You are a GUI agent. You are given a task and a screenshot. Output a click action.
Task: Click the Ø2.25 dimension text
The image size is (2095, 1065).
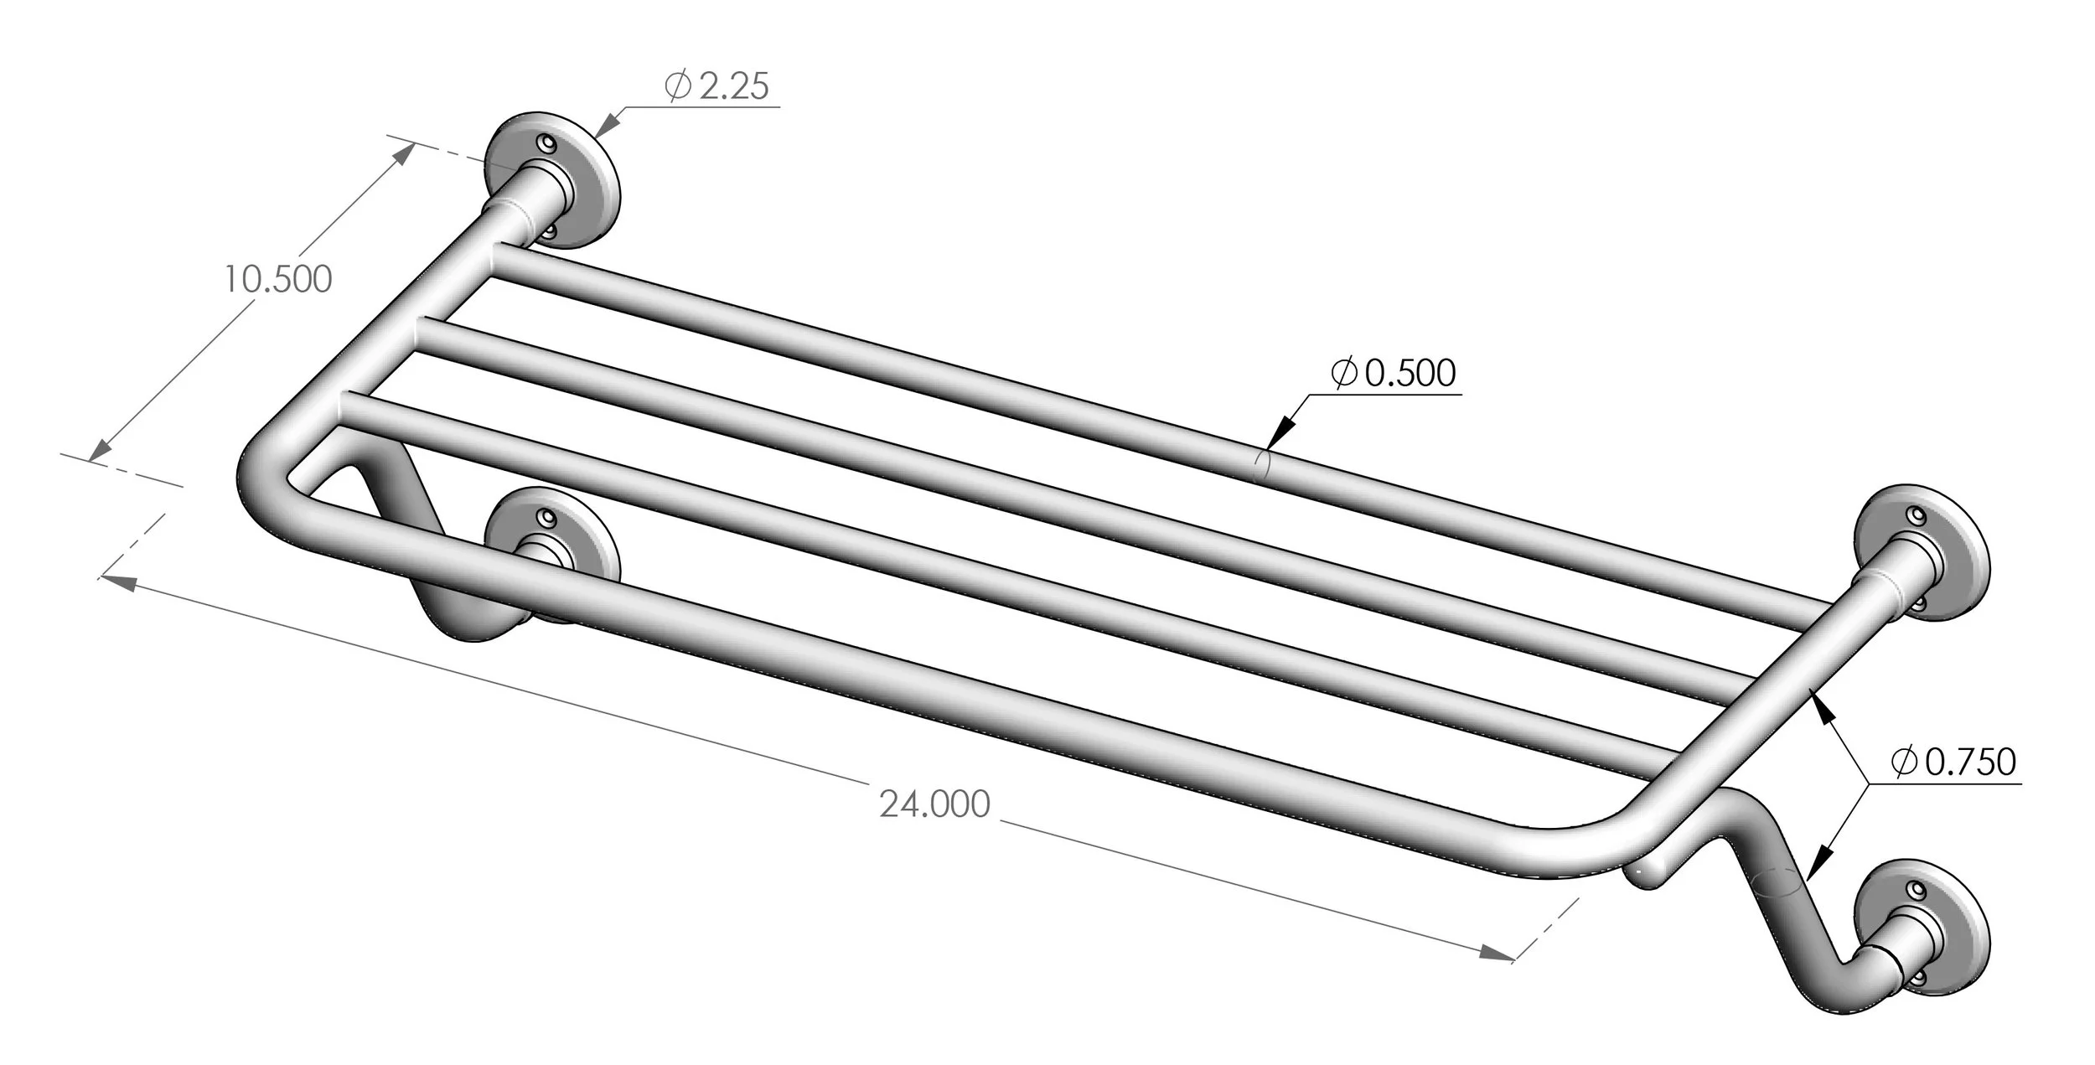click(x=717, y=86)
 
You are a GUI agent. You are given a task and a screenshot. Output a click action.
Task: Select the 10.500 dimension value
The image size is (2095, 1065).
click(x=277, y=279)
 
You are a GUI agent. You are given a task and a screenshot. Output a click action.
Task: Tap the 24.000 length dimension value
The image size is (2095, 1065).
click(x=934, y=804)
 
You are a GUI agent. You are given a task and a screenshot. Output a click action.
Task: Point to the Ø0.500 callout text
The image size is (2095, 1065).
click(x=1394, y=373)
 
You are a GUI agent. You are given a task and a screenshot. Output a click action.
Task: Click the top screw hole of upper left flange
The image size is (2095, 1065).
click(x=549, y=143)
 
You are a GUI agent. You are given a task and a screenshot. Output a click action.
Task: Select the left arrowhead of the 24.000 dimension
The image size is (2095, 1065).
click(x=117, y=582)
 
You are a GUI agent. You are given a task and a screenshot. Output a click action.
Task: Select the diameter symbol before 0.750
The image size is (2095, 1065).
click(x=1903, y=762)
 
